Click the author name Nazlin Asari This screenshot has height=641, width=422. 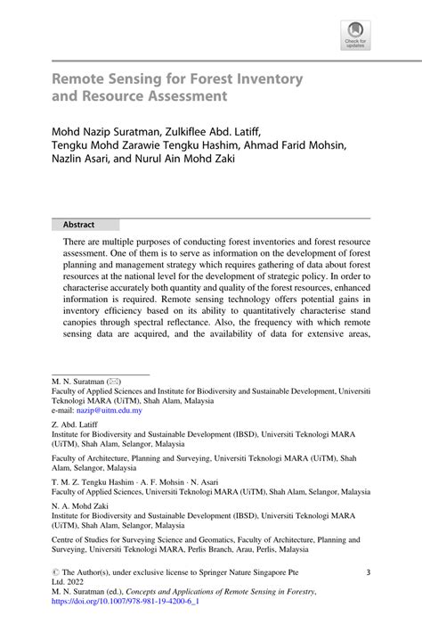click(x=87, y=164)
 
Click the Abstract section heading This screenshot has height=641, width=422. click(x=78, y=225)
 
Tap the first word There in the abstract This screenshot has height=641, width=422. click(x=77, y=242)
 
